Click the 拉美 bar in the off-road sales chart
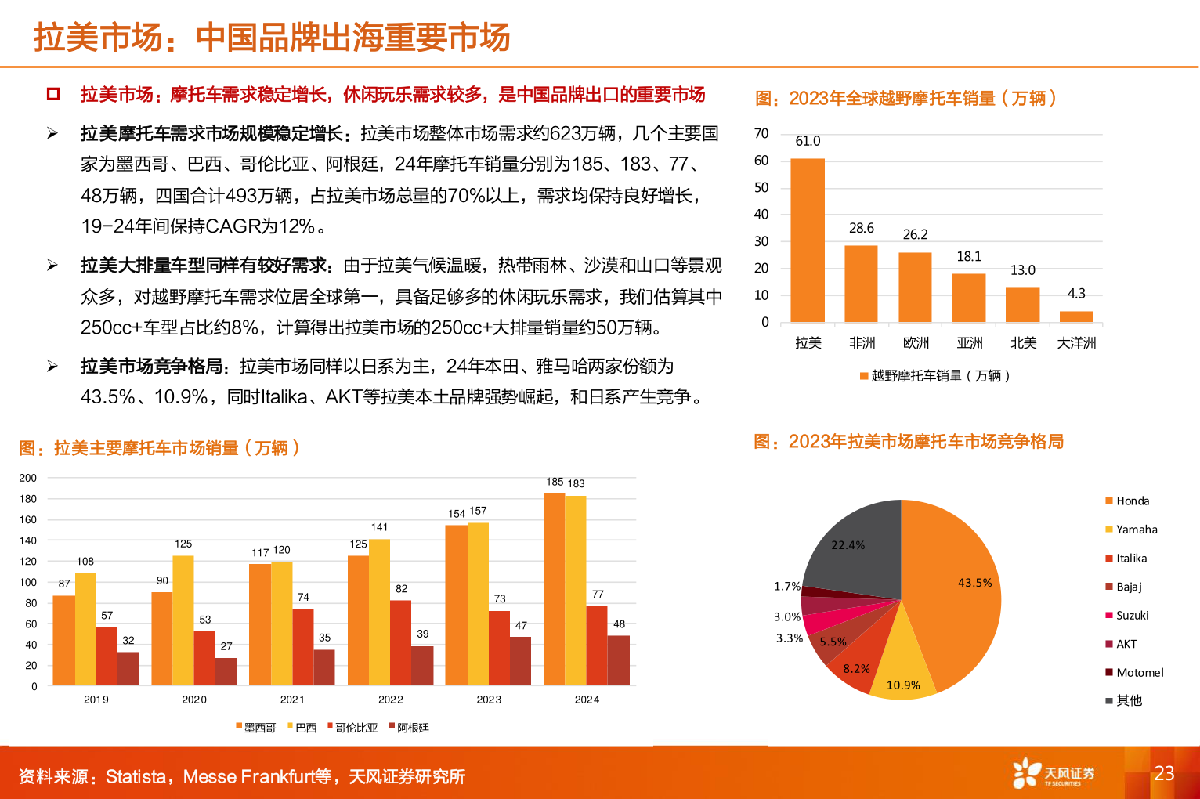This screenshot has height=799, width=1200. point(807,240)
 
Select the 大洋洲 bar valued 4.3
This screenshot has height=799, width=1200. point(1075,316)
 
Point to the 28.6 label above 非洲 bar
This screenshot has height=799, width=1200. point(861,228)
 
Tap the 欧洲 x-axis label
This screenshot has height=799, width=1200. point(915,343)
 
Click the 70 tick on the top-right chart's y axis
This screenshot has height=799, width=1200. point(761,134)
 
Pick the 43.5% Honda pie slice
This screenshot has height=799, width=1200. point(956,595)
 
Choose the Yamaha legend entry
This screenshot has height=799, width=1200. point(1136,530)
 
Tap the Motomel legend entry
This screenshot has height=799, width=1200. point(1139,673)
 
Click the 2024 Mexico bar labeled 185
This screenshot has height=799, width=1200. point(554,589)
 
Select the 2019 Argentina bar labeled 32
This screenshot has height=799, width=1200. point(128,668)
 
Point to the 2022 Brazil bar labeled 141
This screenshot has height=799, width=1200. point(379,612)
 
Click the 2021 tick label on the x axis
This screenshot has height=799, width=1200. point(292,700)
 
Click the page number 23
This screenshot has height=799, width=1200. point(1164,773)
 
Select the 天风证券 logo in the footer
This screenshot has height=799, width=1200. point(1053,774)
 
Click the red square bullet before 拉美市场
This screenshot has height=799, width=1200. point(53,95)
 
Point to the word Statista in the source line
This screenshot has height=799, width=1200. point(136,777)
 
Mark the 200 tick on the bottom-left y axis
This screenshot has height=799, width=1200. point(28,478)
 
